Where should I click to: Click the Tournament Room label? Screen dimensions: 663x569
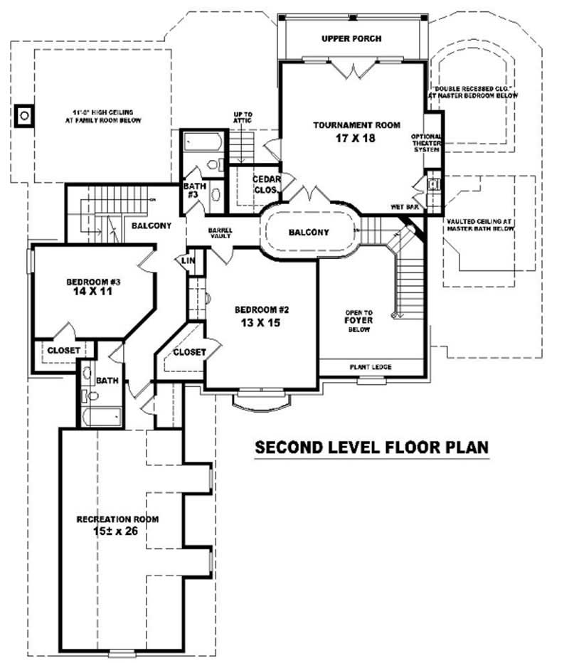[357, 125]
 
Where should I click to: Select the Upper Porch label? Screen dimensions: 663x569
[351, 38]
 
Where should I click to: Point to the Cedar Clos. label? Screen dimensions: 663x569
[265, 184]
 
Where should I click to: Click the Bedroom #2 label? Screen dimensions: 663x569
[262, 309]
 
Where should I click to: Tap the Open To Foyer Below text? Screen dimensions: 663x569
[359, 320]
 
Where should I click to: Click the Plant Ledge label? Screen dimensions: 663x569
[370, 367]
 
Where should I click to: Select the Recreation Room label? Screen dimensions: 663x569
[117, 519]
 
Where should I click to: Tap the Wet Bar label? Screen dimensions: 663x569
[403, 207]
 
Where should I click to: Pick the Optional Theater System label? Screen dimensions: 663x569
[427, 143]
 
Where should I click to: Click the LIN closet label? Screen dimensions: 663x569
[188, 261]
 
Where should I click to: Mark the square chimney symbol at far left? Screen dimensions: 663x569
[24, 114]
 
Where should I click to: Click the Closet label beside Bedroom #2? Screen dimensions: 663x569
[189, 352]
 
